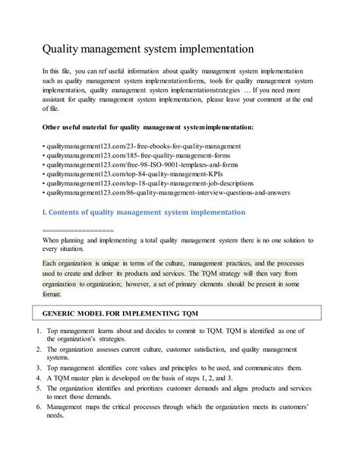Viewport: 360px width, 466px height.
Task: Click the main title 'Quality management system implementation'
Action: (x=148, y=49)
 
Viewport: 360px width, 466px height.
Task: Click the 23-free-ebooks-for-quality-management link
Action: (x=144, y=144)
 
